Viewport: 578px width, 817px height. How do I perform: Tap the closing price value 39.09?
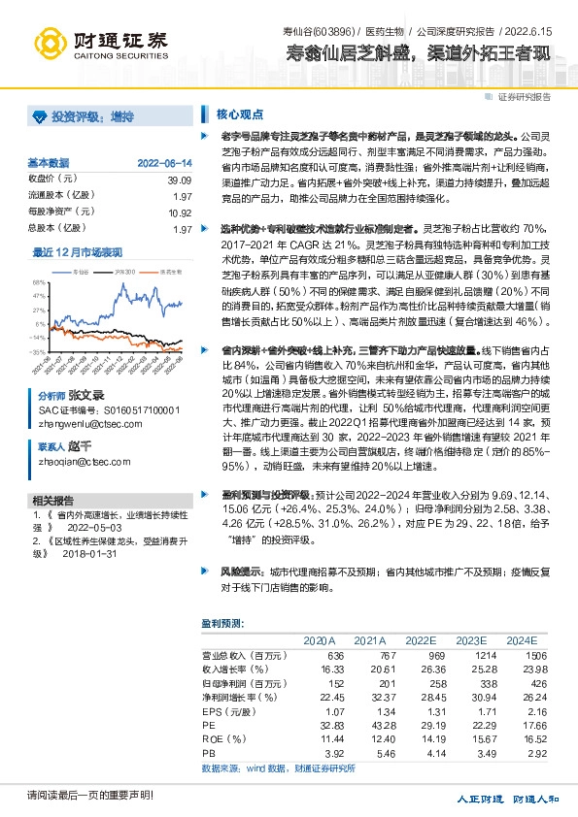pyautogui.click(x=180, y=180)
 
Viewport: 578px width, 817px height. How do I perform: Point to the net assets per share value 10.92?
pyautogui.click(x=180, y=212)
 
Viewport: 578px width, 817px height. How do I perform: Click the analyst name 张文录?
pyautogui.click(x=85, y=370)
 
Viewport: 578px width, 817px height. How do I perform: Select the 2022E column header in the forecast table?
pyautogui.click(x=422, y=640)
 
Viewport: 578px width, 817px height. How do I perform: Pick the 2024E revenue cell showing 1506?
pyautogui.click(x=525, y=655)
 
